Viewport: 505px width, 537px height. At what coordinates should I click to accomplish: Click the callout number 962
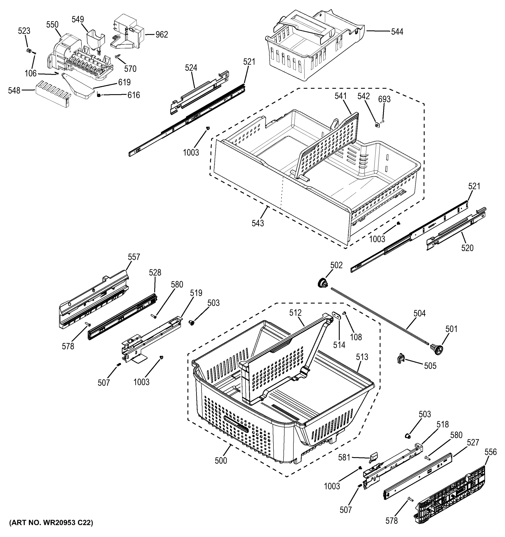coord(161,35)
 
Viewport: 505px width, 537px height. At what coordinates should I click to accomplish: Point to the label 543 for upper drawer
coord(258,223)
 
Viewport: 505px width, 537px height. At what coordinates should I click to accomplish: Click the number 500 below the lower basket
coord(221,460)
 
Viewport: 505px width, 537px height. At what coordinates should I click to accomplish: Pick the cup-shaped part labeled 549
coord(95,40)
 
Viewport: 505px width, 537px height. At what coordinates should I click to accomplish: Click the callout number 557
coord(134,257)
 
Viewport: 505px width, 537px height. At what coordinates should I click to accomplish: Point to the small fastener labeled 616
coord(99,95)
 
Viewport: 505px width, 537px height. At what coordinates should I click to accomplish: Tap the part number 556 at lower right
coord(490,452)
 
